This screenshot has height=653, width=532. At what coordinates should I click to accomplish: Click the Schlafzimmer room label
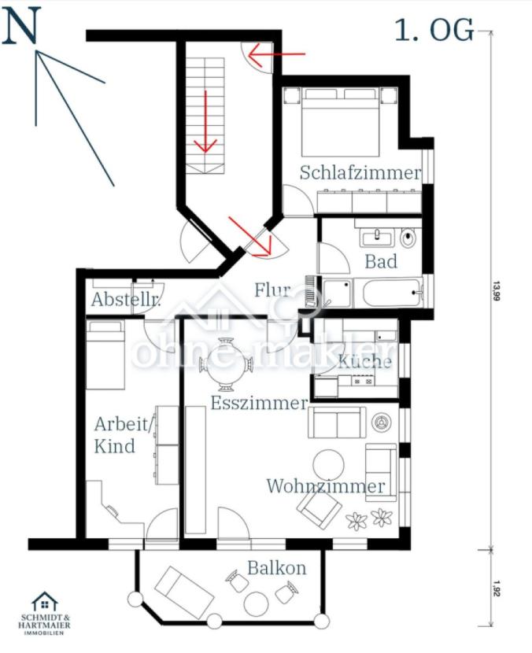coord(360,172)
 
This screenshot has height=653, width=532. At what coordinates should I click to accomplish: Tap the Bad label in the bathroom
coord(381,260)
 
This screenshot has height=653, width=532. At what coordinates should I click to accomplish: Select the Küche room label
coord(364,361)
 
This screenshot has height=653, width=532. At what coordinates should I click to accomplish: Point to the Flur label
coord(272,290)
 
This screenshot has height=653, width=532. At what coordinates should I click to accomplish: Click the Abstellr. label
coord(126,300)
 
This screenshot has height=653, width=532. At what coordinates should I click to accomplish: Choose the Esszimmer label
coord(258,403)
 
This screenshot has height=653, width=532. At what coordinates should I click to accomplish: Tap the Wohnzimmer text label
coord(326,485)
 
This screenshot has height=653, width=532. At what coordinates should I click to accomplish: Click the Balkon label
coord(276,567)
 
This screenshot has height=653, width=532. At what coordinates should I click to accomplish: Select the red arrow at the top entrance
coord(276,54)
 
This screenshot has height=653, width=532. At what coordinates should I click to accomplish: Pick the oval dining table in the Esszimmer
coord(227,364)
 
